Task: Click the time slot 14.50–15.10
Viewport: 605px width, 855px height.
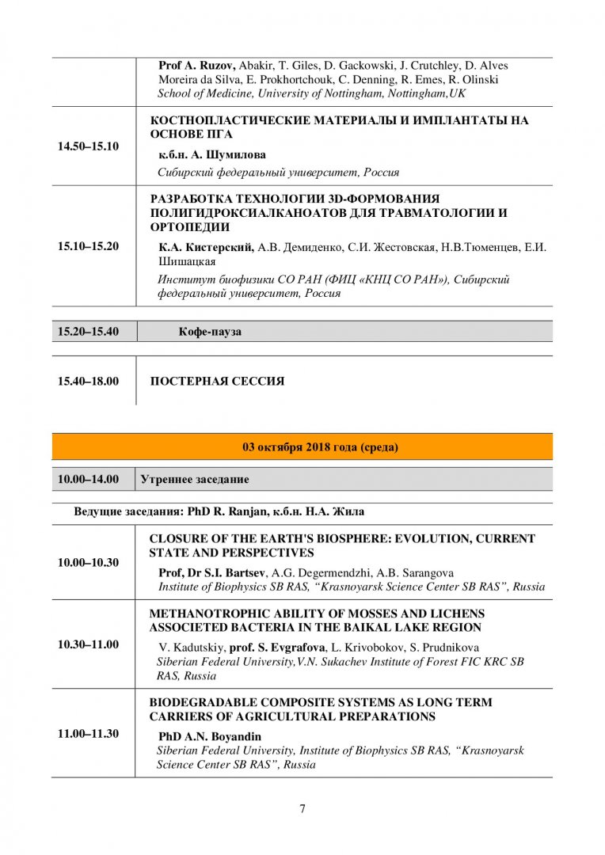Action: (88, 146)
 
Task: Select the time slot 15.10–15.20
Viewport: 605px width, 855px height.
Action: (88, 245)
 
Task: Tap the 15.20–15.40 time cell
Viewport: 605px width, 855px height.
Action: (88, 331)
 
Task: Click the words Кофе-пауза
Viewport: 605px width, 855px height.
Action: (210, 332)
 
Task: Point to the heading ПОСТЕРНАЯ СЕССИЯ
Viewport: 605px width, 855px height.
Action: (217, 381)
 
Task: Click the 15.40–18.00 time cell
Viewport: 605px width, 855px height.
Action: (88, 381)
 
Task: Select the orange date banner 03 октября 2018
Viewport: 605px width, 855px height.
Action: (320, 447)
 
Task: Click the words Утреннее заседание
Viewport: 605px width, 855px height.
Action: (195, 479)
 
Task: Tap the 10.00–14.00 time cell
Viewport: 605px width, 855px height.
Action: (88, 479)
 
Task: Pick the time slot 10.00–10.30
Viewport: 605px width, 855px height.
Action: (88, 562)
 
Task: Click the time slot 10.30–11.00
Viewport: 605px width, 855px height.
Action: (88, 644)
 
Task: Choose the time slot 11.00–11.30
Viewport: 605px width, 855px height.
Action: (88, 733)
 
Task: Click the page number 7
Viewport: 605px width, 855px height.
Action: (302, 808)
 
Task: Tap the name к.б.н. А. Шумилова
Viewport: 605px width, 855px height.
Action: (212, 154)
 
